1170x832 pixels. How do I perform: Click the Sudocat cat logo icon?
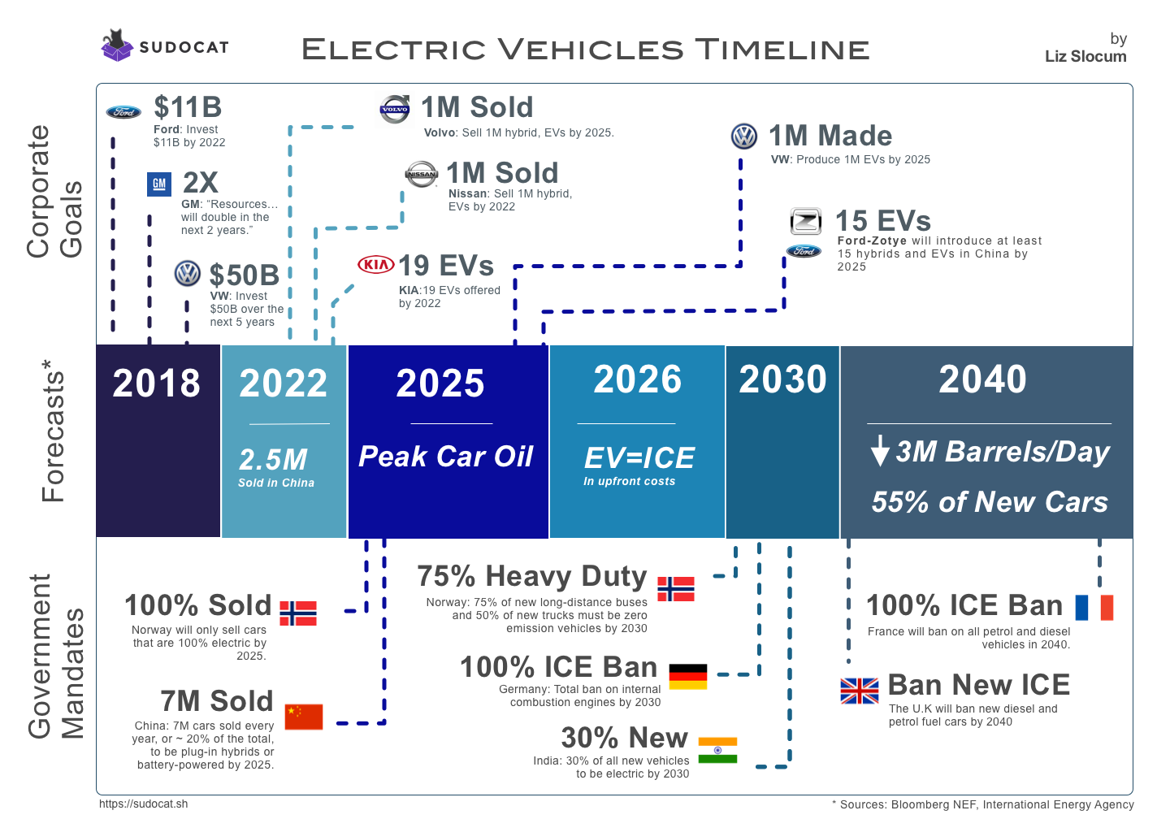117,45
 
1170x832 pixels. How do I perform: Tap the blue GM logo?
159,184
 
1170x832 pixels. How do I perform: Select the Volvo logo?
395,109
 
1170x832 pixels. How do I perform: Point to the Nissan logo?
422,174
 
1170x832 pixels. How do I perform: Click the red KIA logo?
376,265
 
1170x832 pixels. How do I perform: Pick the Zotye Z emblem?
806,221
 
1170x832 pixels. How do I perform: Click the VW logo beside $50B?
188,274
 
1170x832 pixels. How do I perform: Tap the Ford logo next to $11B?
123,112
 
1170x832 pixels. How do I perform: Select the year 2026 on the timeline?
637,379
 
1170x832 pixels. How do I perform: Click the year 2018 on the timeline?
156,383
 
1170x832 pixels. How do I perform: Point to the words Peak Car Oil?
446,457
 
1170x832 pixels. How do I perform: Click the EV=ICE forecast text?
639,458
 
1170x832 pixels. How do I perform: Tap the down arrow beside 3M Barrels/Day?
879,451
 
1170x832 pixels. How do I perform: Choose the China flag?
304,717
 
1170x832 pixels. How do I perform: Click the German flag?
688,676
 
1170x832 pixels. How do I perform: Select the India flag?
717,750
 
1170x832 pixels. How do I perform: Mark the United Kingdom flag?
860,691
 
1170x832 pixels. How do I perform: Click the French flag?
1094,608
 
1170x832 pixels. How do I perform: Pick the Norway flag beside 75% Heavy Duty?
676,588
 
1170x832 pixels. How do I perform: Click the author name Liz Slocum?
1085,56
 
